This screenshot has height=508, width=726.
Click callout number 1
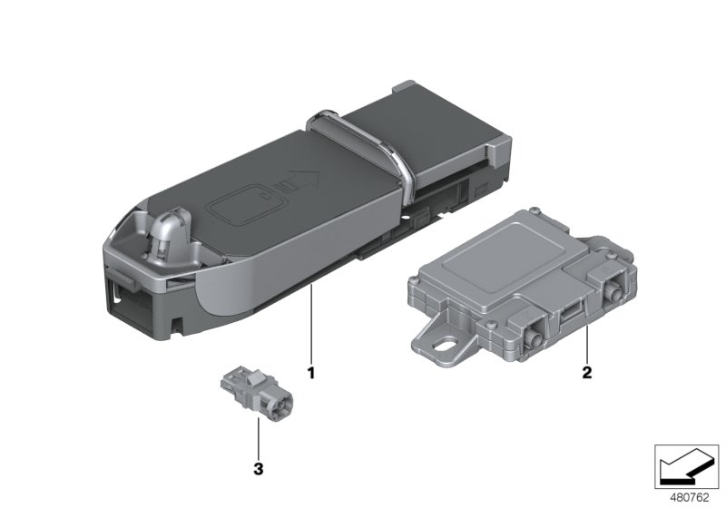tap(311, 372)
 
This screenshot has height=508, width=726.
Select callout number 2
tap(586, 372)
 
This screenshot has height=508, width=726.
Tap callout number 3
tap(259, 469)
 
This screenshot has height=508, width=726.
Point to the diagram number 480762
tap(690, 498)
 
